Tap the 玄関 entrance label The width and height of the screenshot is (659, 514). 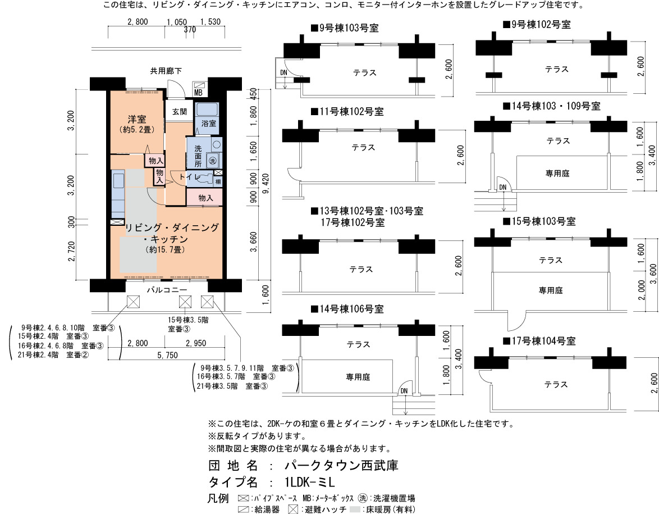(180, 112)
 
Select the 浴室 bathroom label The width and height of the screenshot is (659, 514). (209, 123)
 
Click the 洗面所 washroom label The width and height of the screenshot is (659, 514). (198, 156)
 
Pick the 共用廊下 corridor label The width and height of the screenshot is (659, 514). (166, 71)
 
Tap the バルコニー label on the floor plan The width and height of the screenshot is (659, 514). (167, 290)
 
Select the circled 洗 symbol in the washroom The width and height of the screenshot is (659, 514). (213, 160)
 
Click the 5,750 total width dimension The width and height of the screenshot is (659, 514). (167, 356)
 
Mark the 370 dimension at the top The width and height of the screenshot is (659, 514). (190, 30)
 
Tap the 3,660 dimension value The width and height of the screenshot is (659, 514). (253, 242)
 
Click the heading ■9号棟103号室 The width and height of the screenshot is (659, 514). (345, 28)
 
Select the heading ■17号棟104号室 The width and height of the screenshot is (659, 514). (539, 341)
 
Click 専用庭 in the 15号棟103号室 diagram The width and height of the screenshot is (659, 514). (551, 290)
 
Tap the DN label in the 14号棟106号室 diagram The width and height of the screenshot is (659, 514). (404, 391)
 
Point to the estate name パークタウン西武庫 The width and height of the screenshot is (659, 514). (341, 465)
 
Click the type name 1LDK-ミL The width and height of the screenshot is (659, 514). (310, 482)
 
